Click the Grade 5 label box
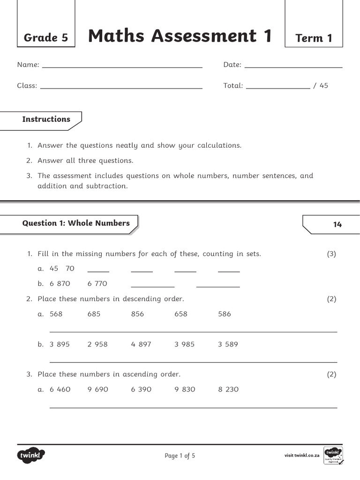click(x=45, y=37)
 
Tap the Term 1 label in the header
click(x=314, y=38)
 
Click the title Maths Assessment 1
click(x=180, y=36)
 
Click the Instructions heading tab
click(x=46, y=119)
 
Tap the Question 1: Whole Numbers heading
click(x=76, y=223)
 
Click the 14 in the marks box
click(x=337, y=225)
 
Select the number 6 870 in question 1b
click(x=60, y=284)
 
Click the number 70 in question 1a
click(x=70, y=269)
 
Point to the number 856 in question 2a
click(x=137, y=314)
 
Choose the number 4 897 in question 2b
click(x=141, y=344)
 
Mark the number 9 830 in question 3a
click(x=185, y=389)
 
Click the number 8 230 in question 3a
click(x=228, y=389)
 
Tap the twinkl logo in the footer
click(x=31, y=455)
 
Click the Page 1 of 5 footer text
click(x=180, y=456)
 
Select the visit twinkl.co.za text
click(x=302, y=456)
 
